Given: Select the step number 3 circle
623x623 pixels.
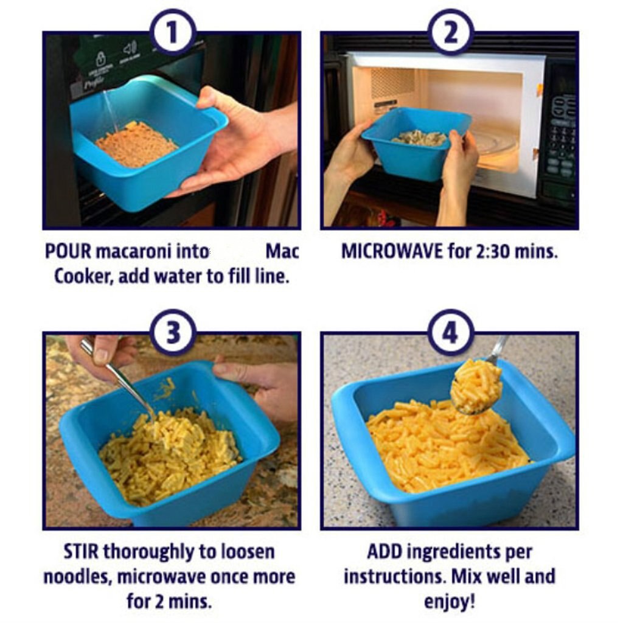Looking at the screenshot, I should tap(173, 333).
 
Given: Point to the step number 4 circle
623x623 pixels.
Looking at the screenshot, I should tap(451, 333).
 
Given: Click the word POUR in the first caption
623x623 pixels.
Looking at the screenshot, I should tap(68, 251).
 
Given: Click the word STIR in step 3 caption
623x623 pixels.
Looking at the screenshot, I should tap(82, 552).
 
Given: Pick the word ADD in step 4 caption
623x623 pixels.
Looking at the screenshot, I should tap(385, 552).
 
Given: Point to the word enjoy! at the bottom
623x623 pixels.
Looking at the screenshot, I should tap(450, 602).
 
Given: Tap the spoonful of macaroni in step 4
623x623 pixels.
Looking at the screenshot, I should tap(476, 386).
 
